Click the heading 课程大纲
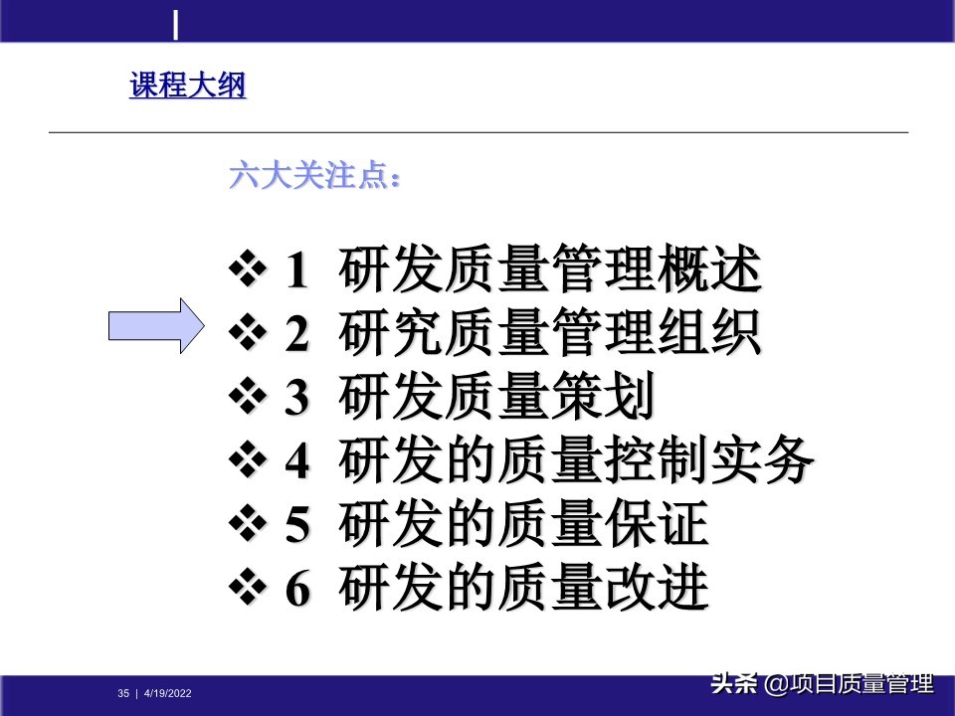click(187, 87)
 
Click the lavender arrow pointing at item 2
click(155, 325)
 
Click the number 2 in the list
click(297, 335)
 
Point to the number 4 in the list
click(297, 462)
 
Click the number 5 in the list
click(297, 526)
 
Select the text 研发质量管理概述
click(550, 270)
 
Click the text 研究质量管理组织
click(550, 334)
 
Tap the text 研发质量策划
click(496, 398)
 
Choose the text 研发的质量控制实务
click(577, 461)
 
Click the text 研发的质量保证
click(523, 525)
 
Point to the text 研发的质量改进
click(523, 589)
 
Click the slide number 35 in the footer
click(123, 693)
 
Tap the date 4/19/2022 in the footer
click(168, 693)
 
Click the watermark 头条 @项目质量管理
click(821, 684)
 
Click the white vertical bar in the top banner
click(176, 25)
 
